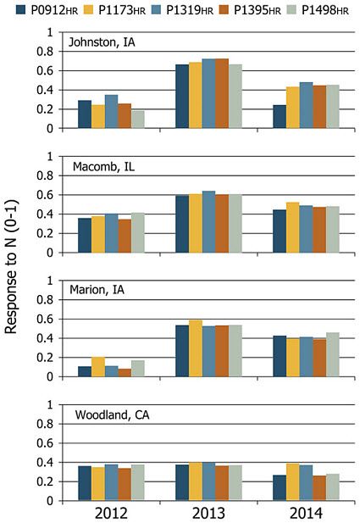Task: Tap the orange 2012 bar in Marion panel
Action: point(125,372)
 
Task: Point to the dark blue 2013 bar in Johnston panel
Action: point(181,97)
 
